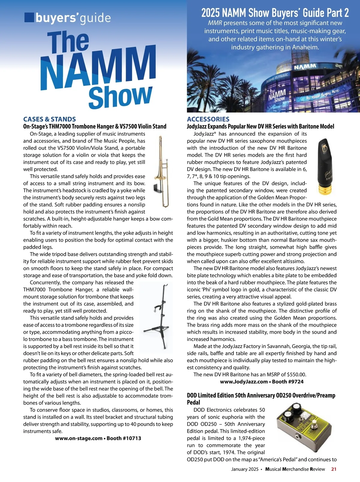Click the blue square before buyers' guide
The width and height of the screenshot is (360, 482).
[x=29, y=17]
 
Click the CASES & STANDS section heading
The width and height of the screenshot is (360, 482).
[x=49, y=119]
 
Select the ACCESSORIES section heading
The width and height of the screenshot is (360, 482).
[x=208, y=119]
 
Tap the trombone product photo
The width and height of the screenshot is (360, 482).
[x=162, y=172]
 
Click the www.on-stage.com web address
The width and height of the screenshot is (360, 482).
[x=79, y=438]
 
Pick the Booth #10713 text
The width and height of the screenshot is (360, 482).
[x=124, y=438]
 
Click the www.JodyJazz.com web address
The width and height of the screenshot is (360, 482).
[x=244, y=381]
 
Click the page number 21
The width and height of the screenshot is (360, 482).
[x=334, y=469]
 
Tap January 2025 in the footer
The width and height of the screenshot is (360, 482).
[x=244, y=469]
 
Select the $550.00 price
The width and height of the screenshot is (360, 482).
[x=296, y=375]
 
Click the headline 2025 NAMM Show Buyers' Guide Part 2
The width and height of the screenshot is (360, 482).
[x=275, y=13]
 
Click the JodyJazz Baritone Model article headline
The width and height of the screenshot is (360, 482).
[x=260, y=126]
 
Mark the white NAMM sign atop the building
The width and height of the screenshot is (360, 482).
[x=305, y=66]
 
